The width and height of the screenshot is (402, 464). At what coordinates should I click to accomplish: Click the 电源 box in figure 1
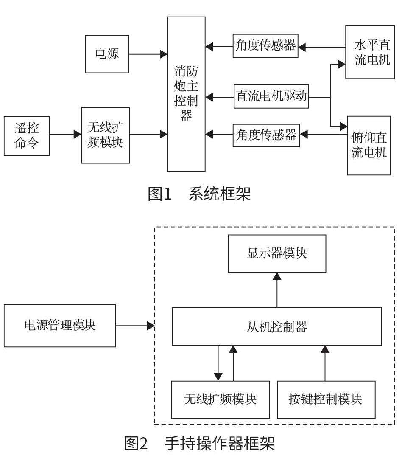(x=107, y=54)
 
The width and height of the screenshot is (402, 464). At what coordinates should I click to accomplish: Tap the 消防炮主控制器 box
(x=186, y=94)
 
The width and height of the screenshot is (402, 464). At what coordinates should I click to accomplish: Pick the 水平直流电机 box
(x=367, y=52)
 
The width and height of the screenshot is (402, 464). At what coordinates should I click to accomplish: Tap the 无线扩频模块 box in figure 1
(x=105, y=135)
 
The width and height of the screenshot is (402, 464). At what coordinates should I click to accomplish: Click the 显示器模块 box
(x=277, y=253)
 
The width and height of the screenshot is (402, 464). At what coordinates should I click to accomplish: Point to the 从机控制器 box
(x=277, y=326)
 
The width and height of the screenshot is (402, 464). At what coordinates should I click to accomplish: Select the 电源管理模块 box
(x=60, y=326)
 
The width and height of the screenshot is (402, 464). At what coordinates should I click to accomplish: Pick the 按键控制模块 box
(x=326, y=399)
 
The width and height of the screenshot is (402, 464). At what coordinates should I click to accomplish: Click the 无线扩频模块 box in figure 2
(x=220, y=399)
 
